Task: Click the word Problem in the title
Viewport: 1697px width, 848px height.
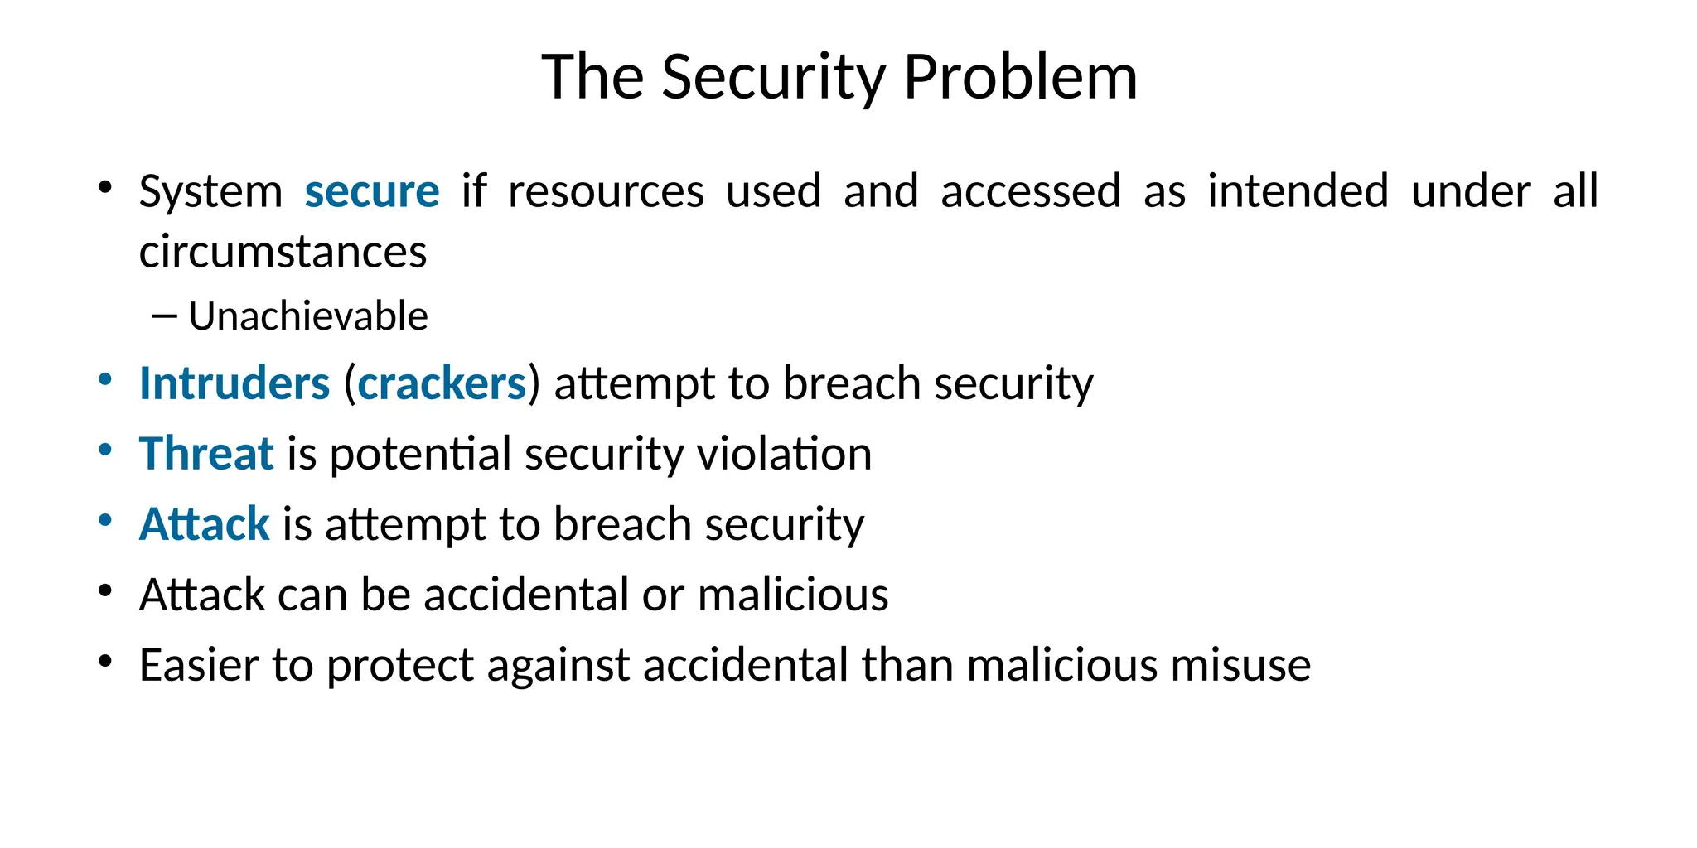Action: tap(1020, 77)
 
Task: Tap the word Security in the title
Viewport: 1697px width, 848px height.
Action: tap(774, 77)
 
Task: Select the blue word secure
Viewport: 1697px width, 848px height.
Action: tap(372, 191)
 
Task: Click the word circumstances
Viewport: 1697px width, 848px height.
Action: tap(283, 252)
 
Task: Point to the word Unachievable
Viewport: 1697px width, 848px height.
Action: tap(308, 316)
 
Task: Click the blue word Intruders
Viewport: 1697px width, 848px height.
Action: tap(234, 383)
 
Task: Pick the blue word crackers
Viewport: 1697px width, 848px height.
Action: tap(442, 383)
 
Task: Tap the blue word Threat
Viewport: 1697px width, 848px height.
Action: tap(206, 454)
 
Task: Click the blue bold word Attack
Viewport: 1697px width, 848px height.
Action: tap(204, 524)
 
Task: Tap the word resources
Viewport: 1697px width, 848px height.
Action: tap(606, 191)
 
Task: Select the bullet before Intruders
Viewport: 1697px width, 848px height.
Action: tap(104, 380)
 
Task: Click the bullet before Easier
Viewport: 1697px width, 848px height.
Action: tap(104, 662)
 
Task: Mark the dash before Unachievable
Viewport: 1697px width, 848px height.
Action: tap(165, 316)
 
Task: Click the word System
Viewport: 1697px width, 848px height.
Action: tap(210, 191)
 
